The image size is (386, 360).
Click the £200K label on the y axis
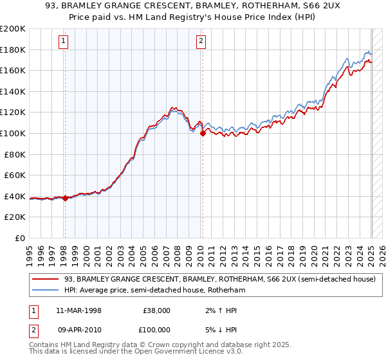[13, 29]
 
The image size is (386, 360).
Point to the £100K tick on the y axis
[13, 134]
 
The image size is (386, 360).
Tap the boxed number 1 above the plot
[64, 42]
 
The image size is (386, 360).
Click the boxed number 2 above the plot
[201, 42]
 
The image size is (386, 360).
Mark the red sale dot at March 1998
[65, 199]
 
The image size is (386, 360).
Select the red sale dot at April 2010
[203, 134]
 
